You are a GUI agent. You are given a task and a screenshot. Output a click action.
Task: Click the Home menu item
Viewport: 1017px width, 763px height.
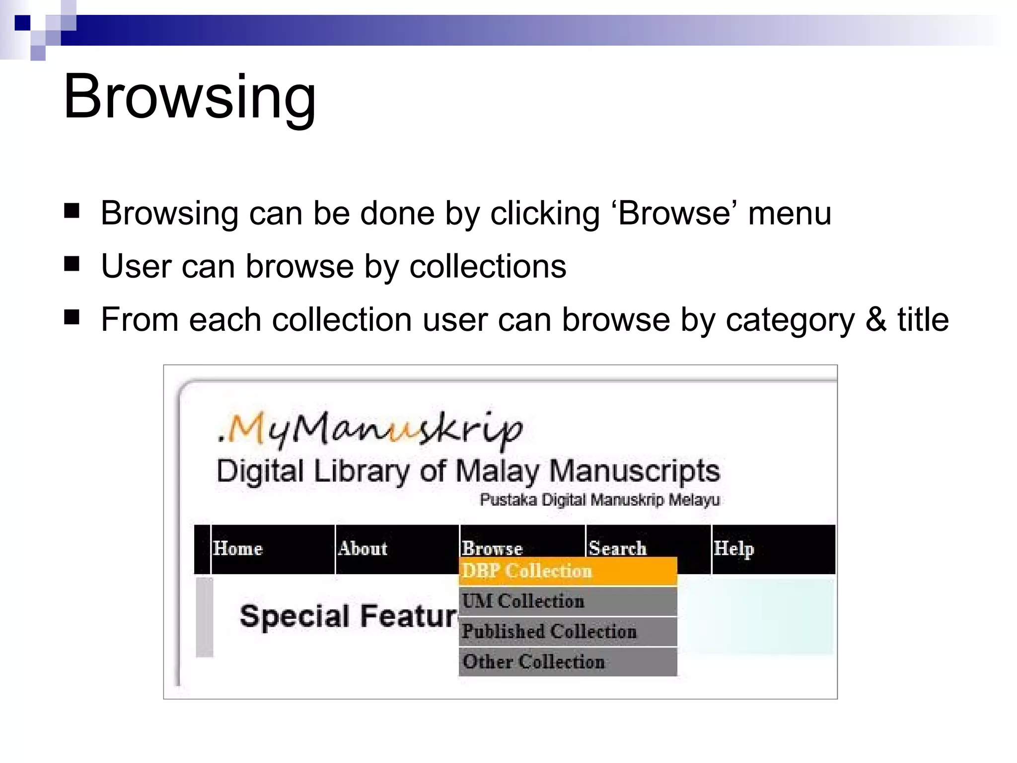(238, 548)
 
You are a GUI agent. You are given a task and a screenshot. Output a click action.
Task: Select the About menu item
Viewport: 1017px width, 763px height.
(363, 548)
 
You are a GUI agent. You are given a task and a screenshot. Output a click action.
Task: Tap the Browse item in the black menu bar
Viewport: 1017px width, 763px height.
(492, 548)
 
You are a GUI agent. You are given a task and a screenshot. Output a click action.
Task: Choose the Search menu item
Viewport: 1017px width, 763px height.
(617, 548)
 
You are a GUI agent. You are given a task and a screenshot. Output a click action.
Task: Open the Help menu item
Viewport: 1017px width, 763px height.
(733, 548)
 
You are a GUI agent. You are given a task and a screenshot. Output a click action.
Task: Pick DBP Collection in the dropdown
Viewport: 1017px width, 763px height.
(527, 571)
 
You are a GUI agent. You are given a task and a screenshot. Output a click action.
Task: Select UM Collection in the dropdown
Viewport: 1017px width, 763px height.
(523, 601)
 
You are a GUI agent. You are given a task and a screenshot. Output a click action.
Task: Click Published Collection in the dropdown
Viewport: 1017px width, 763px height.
(549, 631)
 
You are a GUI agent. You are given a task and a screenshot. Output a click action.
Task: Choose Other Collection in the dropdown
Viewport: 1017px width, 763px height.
(534, 662)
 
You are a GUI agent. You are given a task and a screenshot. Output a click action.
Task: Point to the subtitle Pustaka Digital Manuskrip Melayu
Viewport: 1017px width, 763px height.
(599, 500)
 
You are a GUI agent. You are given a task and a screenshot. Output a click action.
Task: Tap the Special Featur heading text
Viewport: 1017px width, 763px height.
(348, 616)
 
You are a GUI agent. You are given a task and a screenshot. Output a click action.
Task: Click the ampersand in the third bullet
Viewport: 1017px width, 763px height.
(876, 319)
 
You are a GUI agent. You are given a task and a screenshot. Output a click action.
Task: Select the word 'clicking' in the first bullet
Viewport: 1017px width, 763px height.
(545, 214)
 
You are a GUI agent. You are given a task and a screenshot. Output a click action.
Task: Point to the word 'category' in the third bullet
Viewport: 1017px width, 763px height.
(791, 320)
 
